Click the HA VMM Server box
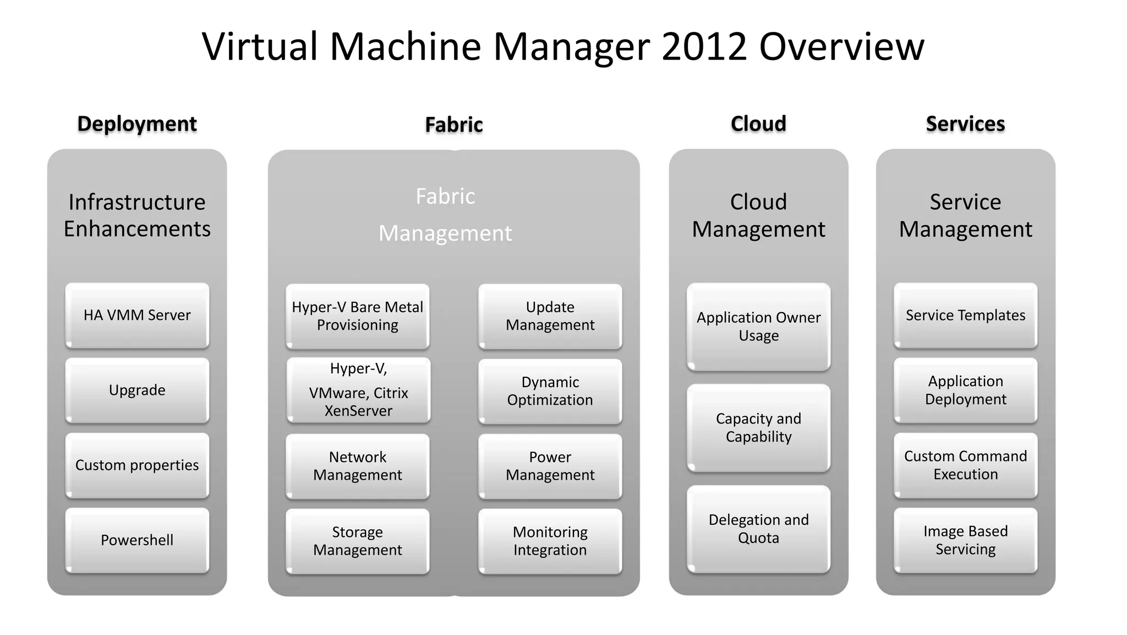coord(137,315)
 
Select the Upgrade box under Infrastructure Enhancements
coord(137,390)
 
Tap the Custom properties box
coord(137,465)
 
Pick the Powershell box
coord(137,540)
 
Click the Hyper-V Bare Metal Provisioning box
coord(358,316)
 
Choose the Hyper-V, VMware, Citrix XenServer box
coord(358,390)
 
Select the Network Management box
coord(358,466)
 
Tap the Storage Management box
coord(358,541)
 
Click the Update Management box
coord(550,316)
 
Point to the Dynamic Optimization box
coord(550,391)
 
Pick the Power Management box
coord(550,466)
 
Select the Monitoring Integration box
coord(550,541)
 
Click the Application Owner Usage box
coord(758,327)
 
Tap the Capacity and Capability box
coord(758,427)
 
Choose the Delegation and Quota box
coord(758,529)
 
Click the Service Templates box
coord(965,315)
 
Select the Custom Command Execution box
coord(965,465)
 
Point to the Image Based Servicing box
coord(965,540)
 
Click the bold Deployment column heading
coord(137,124)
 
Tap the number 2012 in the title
coord(704,47)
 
